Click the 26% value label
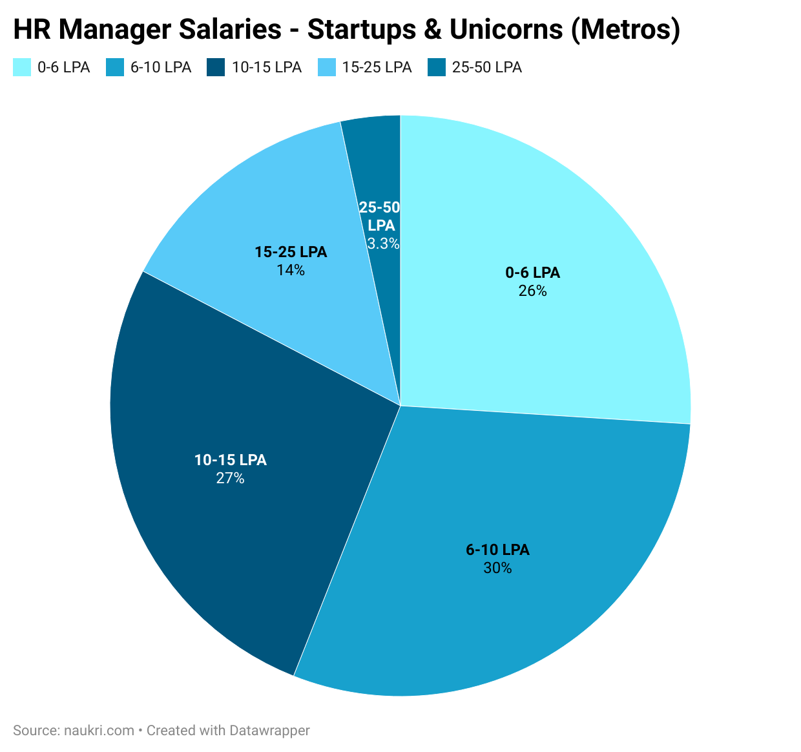[x=532, y=291]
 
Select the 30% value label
[x=497, y=569]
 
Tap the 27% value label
[x=230, y=479]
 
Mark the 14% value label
[x=291, y=271]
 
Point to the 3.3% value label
[x=383, y=244]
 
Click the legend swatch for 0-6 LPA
[x=22, y=67]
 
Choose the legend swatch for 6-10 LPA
[x=115, y=67]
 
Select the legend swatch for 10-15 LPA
[x=216, y=67]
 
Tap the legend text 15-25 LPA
[x=377, y=67]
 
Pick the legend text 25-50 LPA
[x=486, y=67]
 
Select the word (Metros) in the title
[x=625, y=30]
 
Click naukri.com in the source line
[x=99, y=731]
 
